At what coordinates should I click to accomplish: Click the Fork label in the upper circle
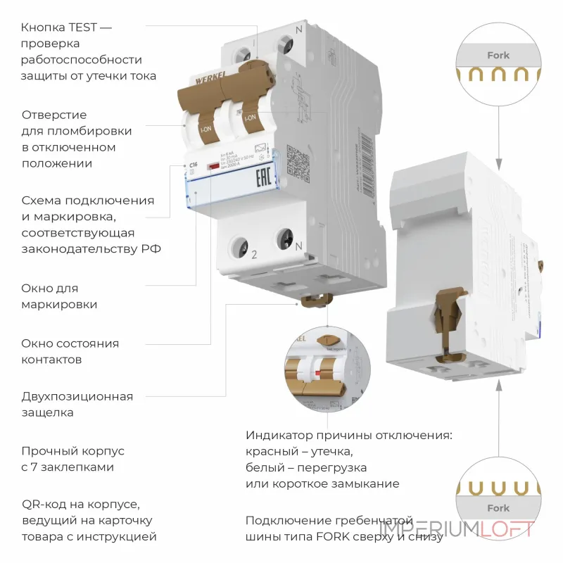click(498, 55)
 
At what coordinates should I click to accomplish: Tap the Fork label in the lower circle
click(498, 508)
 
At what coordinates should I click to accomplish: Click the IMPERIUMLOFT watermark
click(457, 529)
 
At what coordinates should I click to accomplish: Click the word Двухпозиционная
click(77, 396)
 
